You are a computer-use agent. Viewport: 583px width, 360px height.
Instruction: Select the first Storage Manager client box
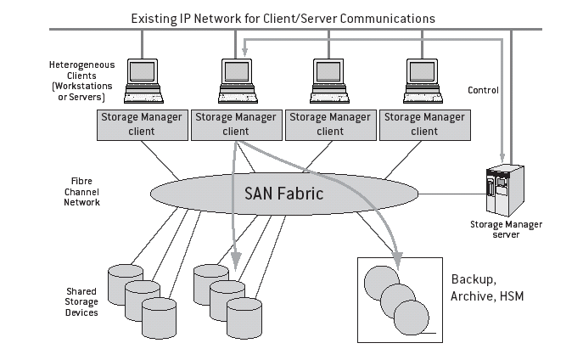[142, 124]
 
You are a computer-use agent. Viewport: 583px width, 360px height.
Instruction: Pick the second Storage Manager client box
[235, 124]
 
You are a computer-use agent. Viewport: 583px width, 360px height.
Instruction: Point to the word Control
[484, 90]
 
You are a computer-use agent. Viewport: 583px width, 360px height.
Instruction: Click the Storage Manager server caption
[506, 229]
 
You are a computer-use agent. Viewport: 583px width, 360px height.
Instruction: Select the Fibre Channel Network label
[84, 192]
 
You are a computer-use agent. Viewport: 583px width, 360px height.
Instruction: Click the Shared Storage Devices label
[81, 301]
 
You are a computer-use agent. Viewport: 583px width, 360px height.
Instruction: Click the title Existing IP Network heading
[283, 17]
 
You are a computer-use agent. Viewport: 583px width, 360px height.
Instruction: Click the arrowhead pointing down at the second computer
[244, 54]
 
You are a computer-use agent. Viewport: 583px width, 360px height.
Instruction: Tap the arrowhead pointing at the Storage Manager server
[507, 153]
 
